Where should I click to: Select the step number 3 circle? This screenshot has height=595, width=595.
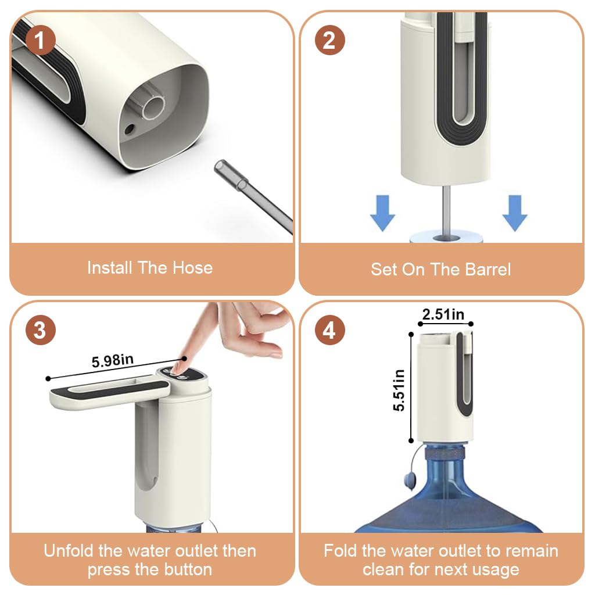click(x=41, y=330)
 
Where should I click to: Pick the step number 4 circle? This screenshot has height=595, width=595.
click(x=330, y=330)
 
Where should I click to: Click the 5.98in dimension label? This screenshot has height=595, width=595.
click(x=113, y=360)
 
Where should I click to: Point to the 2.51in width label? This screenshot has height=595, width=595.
click(x=443, y=314)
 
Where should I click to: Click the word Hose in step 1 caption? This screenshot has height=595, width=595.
click(x=192, y=268)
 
